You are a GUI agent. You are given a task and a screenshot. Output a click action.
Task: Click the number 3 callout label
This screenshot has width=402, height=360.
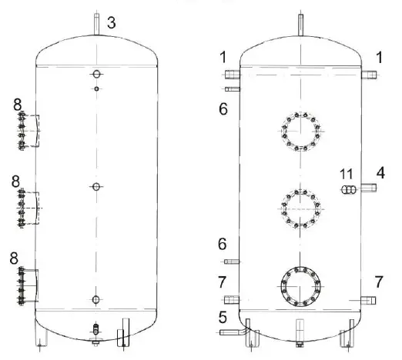click(x=112, y=23)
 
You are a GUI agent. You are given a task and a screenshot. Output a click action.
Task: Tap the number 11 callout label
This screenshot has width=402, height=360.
click(x=347, y=173)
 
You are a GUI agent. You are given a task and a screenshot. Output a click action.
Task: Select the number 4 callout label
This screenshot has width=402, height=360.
click(x=380, y=173)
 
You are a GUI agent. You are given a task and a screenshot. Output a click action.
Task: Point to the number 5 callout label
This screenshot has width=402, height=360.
click(x=223, y=315)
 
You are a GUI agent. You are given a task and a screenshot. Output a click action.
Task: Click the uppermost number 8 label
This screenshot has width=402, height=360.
click(x=15, y=104)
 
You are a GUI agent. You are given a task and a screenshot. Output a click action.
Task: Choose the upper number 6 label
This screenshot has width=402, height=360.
click(x=223, y=110)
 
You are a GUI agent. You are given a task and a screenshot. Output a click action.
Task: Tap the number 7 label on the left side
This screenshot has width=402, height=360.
click(x=223, y=279)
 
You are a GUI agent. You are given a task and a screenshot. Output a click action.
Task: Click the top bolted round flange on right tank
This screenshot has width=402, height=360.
click(x=298, y=132)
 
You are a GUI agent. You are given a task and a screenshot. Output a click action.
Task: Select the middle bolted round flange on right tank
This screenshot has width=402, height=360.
click(x=298, y=206)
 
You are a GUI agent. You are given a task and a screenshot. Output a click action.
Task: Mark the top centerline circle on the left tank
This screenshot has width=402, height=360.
click(x=95, y=74)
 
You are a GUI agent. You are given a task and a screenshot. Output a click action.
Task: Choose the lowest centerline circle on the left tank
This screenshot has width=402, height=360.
click(x=95, y=300)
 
